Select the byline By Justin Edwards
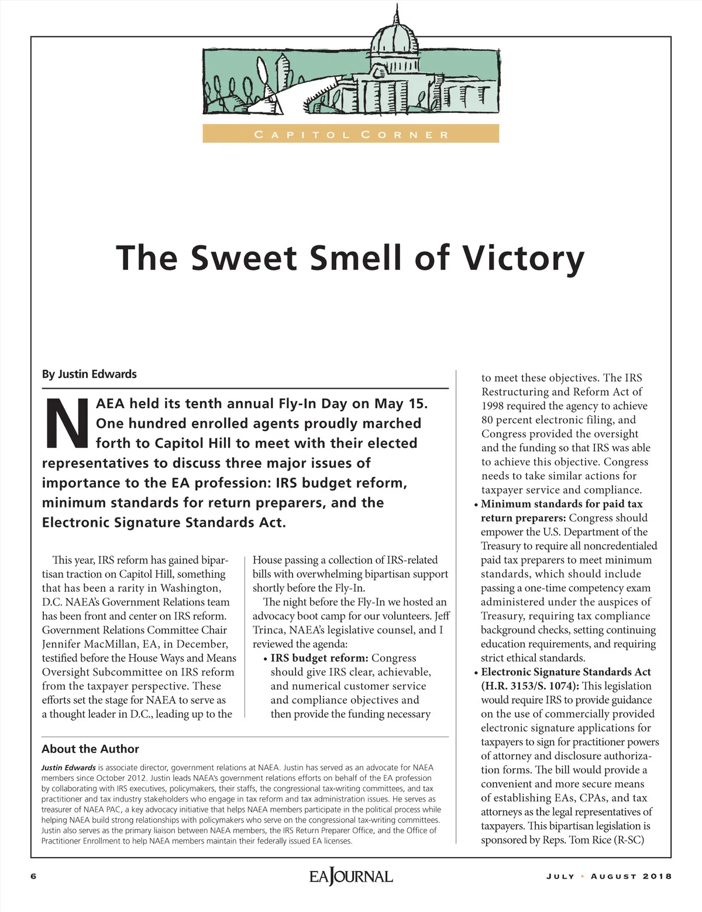pyautogui.click(x=89, y=374)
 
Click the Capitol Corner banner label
pyautogui.click(x=351, y=135)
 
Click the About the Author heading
pyautogui.click(x=90, y=749)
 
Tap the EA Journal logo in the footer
pyautogui.click(x=351, y=876)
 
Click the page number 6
pyautogui.click(x=33, y=876)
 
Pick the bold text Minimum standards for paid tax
pyautogui.click(x=562, y=504)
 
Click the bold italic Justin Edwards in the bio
pyautogui.click(x=68, y=767)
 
